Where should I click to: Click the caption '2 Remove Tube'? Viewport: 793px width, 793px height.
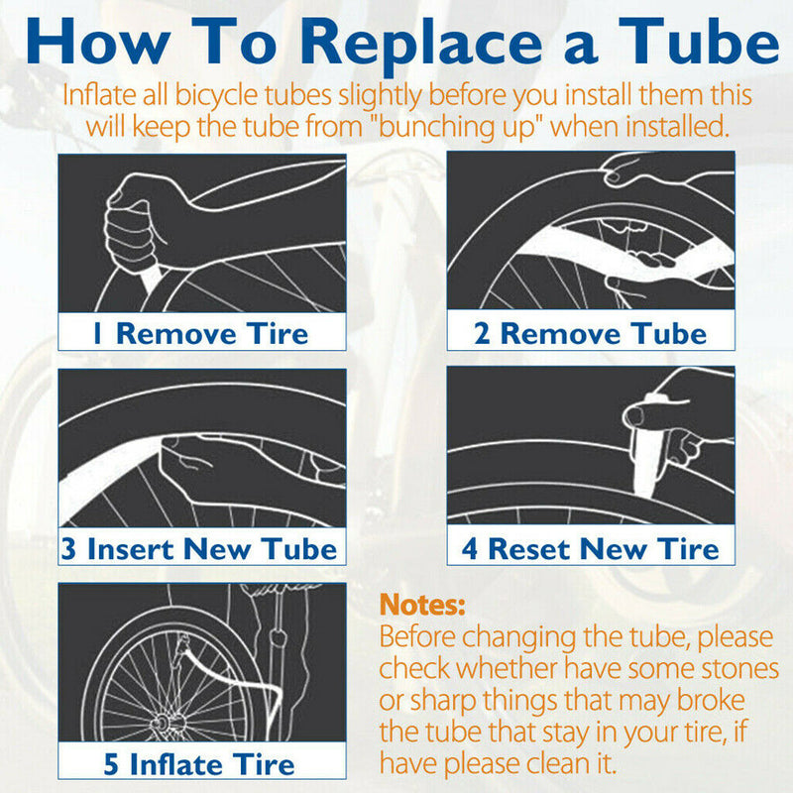point(590,332)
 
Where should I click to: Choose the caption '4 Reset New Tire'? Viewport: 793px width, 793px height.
point(590,548)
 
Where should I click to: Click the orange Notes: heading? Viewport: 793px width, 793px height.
point(422,605)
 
